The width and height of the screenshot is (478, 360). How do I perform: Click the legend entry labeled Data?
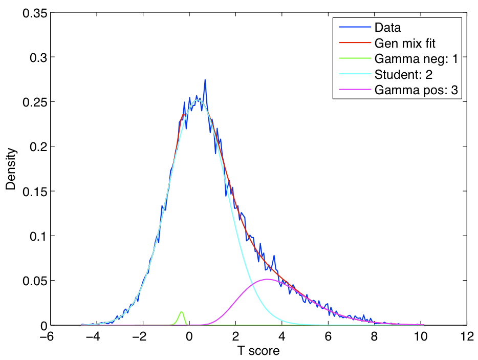coord(387,27)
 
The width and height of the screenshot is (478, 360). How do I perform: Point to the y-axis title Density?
coord(11,169)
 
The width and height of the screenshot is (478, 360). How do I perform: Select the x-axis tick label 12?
coord(466,337)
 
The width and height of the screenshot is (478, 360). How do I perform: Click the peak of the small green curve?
coord(181,312)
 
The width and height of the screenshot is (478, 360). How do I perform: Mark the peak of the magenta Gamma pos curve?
coord(267,279)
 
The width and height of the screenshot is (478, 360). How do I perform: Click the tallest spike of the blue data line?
coord(205,80)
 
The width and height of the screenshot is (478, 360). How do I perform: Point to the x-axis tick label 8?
coord(375,337)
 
